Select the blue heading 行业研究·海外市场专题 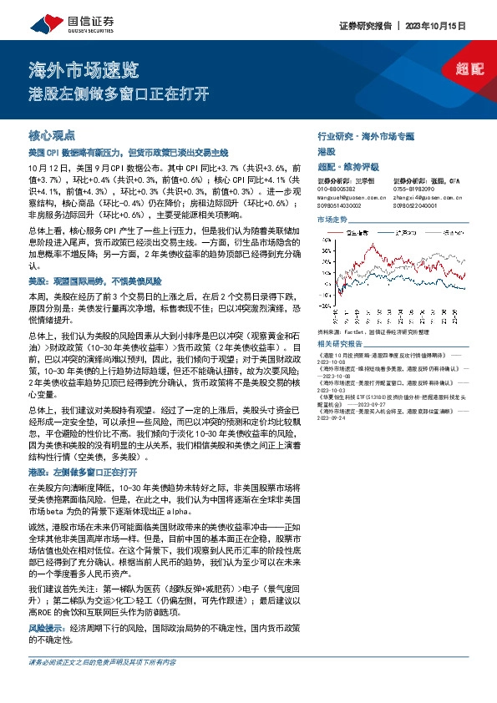[x=365, y=134]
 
